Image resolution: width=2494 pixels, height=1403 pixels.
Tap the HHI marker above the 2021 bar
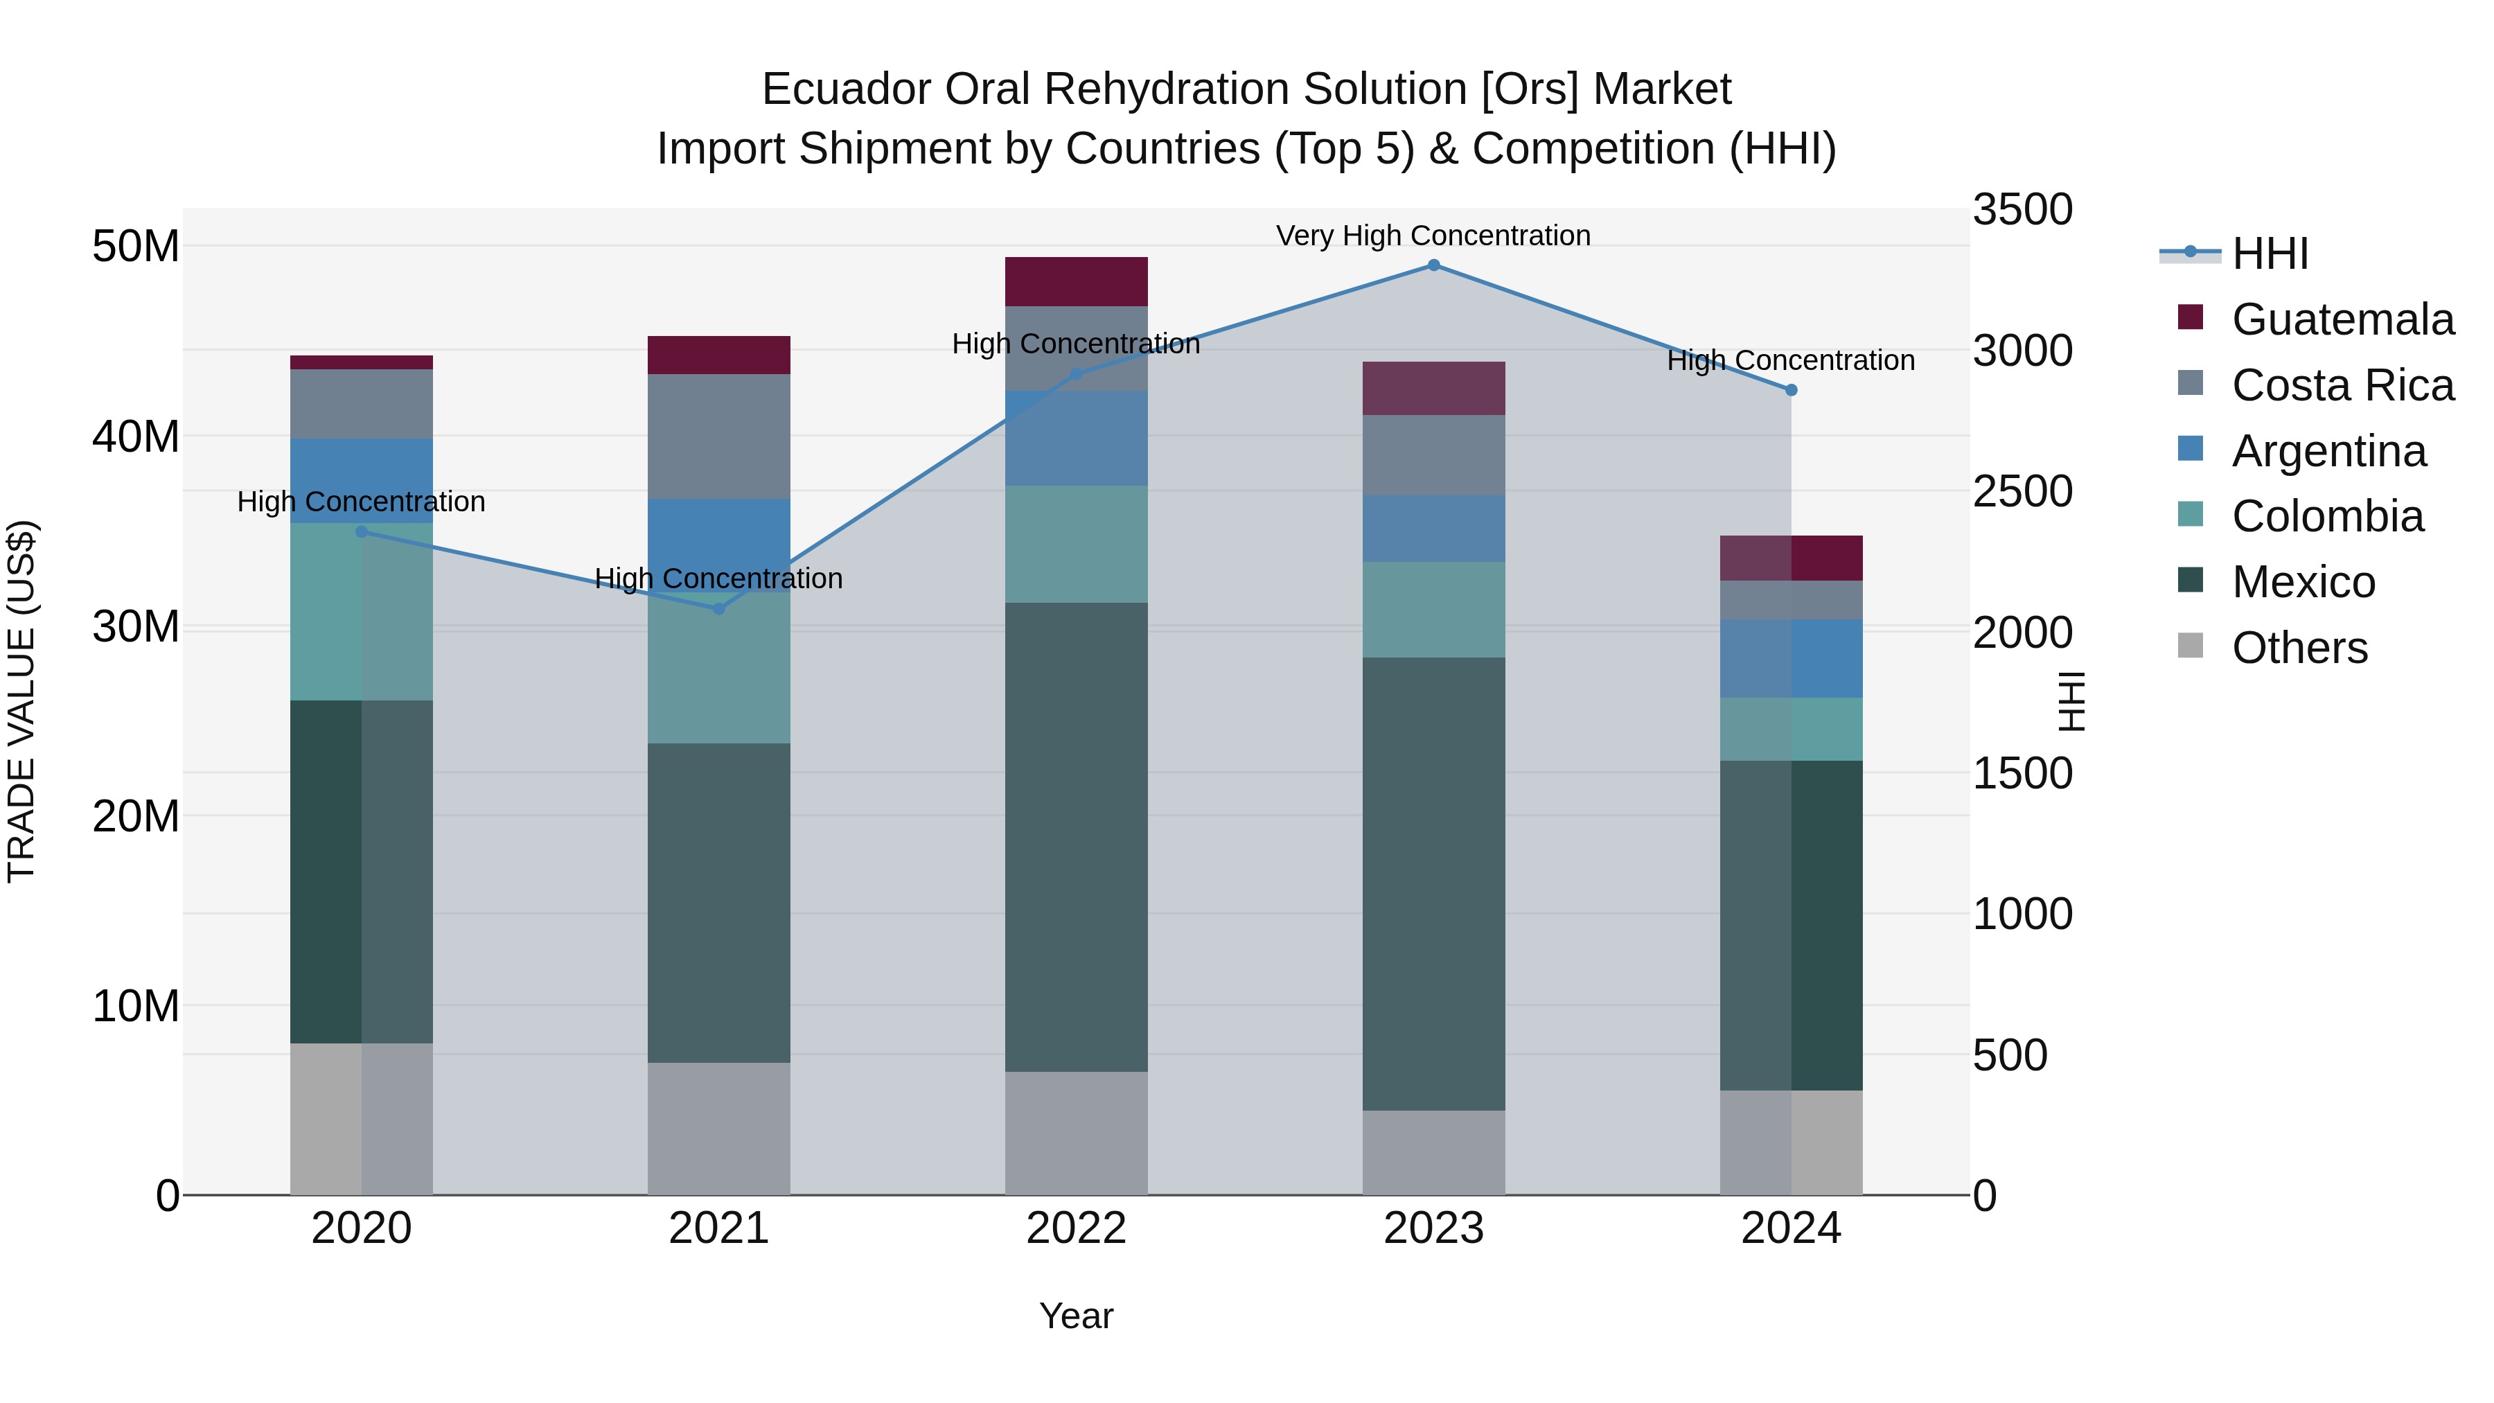pyautogui.click(x=718, y=609)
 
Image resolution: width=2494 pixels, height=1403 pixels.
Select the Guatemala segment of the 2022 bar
pyautogui.click(x=1076, y=282)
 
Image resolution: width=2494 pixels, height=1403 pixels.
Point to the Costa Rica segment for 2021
pyautogui.click(x=718, y=436)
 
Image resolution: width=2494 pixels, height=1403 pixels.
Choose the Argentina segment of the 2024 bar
pyautogui.click(x=1790, y=658)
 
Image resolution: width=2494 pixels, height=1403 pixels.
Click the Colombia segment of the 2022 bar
pyautogui.click(x=1076, y=544)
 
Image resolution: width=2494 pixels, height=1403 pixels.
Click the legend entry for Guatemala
pyautogui.click(x=2342, y=319)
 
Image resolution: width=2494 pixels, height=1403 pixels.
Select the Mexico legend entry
pyautogui.click(x=2303, y=582)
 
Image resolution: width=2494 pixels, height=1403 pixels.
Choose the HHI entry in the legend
pyautogui.click(x=2270, y=254)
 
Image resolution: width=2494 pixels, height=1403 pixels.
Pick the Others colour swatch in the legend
pyautogui.click(x=2190, y=646)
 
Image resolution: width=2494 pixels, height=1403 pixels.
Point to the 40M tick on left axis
pyautogui.click(x=136, y=436)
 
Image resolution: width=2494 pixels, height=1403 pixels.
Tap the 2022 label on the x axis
pyautogui.click(x=1076, y=1228)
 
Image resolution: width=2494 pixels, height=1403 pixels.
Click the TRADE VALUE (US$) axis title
pyautogui.click(x=21, y=701)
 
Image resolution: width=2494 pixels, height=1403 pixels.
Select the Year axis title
pyautogui.click(x=1076, y=1316)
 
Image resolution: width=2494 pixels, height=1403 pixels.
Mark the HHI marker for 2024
pyautogui.click(x=1790, y=390)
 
